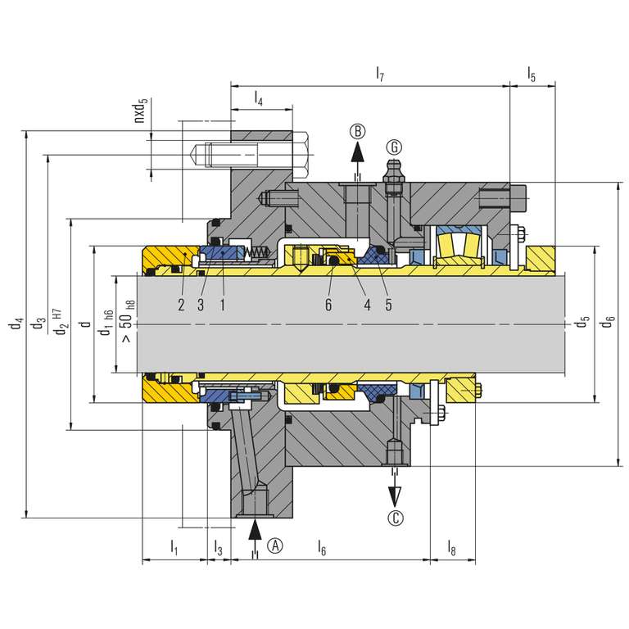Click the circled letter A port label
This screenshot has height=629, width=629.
coord(275,545)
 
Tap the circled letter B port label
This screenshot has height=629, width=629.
coord(357,131)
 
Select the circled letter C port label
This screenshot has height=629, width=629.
coord(396,518)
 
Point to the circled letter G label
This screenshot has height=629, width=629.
coord(394,147)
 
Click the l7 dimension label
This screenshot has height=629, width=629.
coord(380,74)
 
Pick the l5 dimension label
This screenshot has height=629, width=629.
coord(532,74)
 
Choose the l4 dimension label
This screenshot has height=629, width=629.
coord(258,98)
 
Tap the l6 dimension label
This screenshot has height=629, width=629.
coord(322,548)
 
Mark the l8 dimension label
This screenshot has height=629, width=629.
coord(452,548)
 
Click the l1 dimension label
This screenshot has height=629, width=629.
coord(174,548)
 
